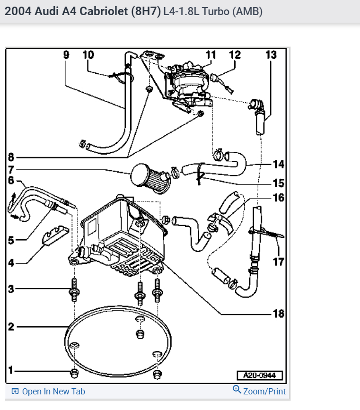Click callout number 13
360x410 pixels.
pyautogui.click(x=271, y=55)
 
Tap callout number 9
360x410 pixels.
pyautogui.click(x=66, y=55)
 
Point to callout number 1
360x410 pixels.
pyautogui.click(x=10, y=370)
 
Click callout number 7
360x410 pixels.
pyautogui.click(x=11, y=169)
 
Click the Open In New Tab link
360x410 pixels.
pyautogui.click(x=53, y=392)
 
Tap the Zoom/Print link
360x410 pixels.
pyautogui.click(x=264, y=391)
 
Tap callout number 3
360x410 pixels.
pyautogui.click(x=11, y=288)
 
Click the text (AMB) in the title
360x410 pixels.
pyautogui.click(x=247, y=11)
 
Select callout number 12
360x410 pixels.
pyautogui.click(x=235, y=55)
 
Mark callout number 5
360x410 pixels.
pyautogui.click(x=11, y=240)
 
